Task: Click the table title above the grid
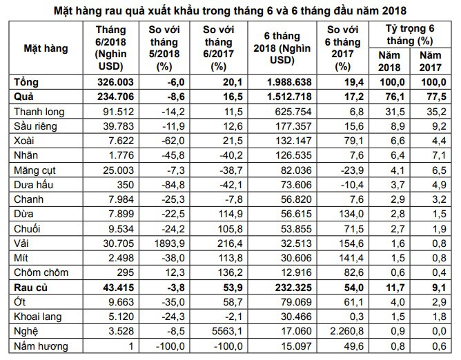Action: (230, 10)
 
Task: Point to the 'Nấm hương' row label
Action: (37, 343)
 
